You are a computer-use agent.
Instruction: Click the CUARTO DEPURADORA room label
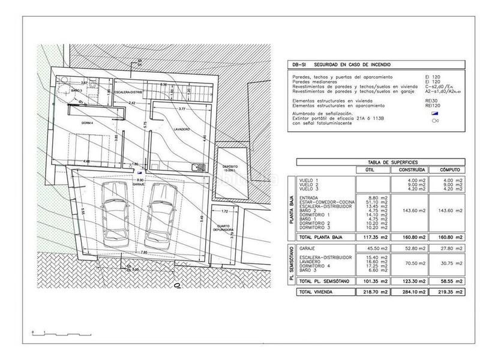click(223, 228)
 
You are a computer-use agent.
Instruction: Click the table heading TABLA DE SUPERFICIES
click(376, 162)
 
